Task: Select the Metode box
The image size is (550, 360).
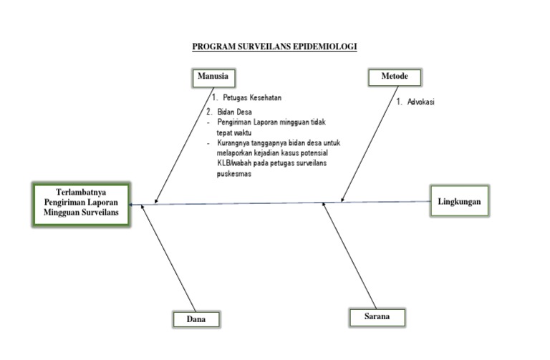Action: [394, 77]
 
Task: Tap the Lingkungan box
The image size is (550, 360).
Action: [459, 201]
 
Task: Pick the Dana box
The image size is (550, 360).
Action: [196, 319]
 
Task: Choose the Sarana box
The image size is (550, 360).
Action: [377, 316]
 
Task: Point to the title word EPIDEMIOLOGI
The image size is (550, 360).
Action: [324, 47]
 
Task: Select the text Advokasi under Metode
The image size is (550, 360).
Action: [421, 102]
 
